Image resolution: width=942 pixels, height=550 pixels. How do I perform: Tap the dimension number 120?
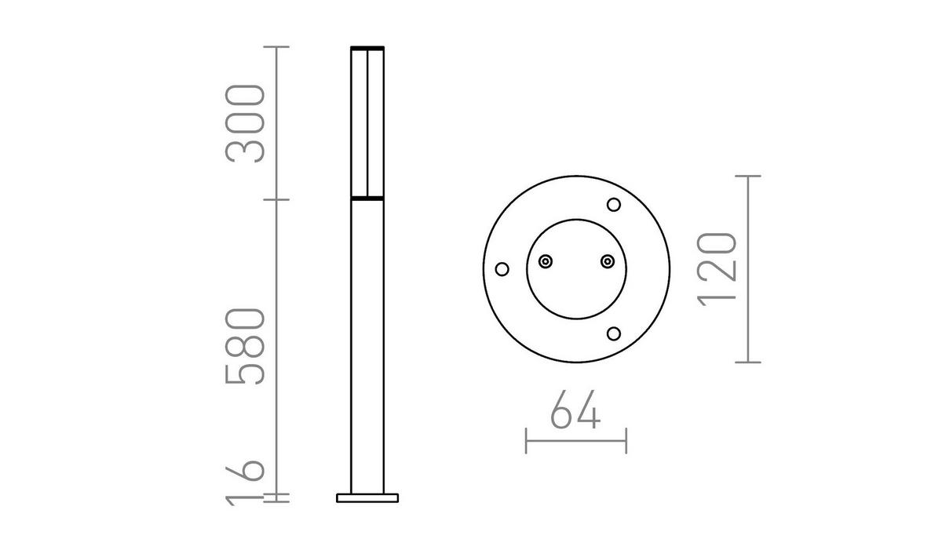(717, 268)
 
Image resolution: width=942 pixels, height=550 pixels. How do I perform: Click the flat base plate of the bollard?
(367, 497)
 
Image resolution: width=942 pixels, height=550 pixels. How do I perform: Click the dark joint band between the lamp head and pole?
(367, 199)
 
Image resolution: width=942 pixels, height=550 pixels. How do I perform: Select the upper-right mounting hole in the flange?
(614, 205)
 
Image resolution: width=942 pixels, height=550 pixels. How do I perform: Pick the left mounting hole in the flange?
(502, 269)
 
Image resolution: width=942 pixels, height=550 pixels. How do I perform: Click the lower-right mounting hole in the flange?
(614, 333)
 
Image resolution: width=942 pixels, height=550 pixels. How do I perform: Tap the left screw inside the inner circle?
(546, 260)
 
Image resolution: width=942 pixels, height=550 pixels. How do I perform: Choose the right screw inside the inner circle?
(606, 260)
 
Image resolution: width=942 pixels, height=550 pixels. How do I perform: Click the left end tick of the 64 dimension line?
(526, 440)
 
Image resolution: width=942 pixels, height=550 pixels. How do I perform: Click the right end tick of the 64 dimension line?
(626, 440)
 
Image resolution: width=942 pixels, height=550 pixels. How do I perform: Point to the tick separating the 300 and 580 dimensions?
(276, 199)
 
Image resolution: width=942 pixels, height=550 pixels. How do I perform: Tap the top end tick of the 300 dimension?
(276, 48)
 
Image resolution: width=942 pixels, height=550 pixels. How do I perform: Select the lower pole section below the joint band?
(367, 345)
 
